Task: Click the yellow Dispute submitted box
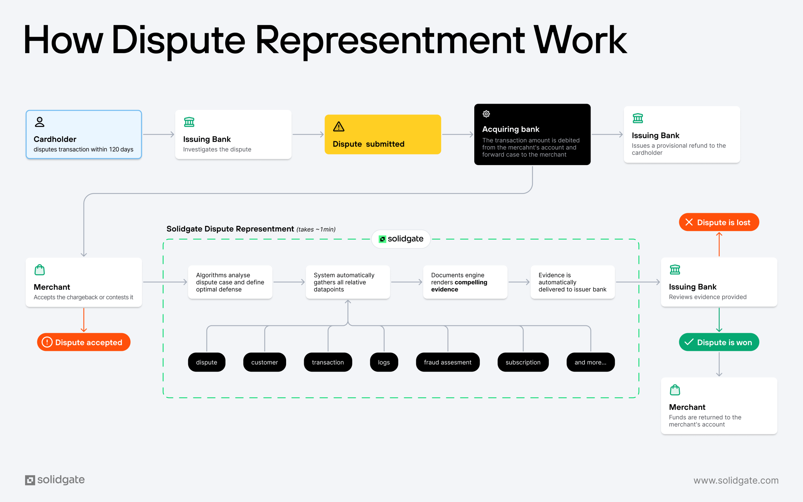click(383, 135)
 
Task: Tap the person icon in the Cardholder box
click(40, 122)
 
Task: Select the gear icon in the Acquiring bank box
click(486, 114)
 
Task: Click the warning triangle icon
click(338, 126)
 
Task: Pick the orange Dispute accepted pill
click(84, 342)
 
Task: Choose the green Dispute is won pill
click(719, 342)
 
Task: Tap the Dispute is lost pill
click(719, 222)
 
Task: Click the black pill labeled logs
click(384, 362)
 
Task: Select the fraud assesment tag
click(448, 362)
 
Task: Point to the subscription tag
click(523, 362)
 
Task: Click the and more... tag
click(590, 362)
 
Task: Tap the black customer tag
click(264, 362)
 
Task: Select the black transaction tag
click(328, 362)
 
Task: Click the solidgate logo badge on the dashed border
click(401, 239)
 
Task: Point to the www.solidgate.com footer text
click(736, 480)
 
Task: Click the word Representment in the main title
click(390, 40)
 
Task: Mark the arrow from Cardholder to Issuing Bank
click(159, 135)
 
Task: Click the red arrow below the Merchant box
click(84, 320)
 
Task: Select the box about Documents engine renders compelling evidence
click(465, 282)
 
